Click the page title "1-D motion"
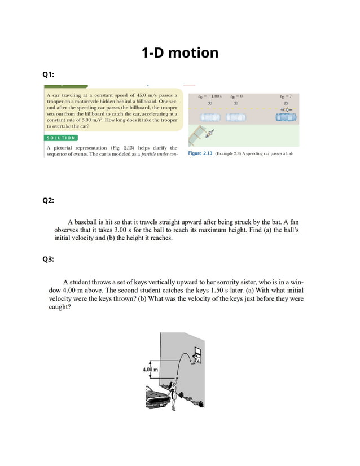pyautogui.click(x=179, y=53)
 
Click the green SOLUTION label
pyautogui.click(x=60, y=138)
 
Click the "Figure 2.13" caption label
pyautogui.click(x=200, y=153)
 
